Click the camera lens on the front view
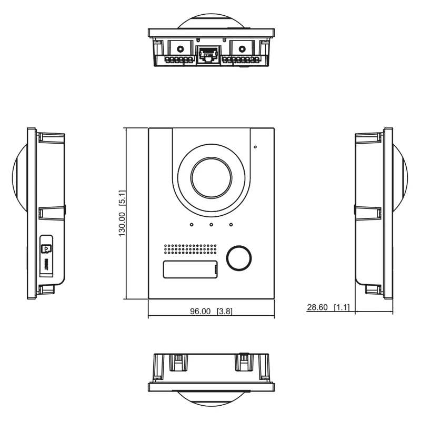pyautogui.click(x=211, y=177)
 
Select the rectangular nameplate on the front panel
pyautogui.click(x=190, y=269)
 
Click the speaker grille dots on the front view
pyautogui.click(x=190, y=249)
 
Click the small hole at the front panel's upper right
pyautogui.click(x=256, y=147)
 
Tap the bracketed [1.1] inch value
pyautogui.click(x=342, y=307)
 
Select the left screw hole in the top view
pyautogui.click(x=179, y=48)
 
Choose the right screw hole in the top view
pyautogui.click(x=242, y=48)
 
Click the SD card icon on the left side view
pyautogui.click(x=46, y=247)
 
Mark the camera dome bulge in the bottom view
pyautogui.click(x=210, y=399)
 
